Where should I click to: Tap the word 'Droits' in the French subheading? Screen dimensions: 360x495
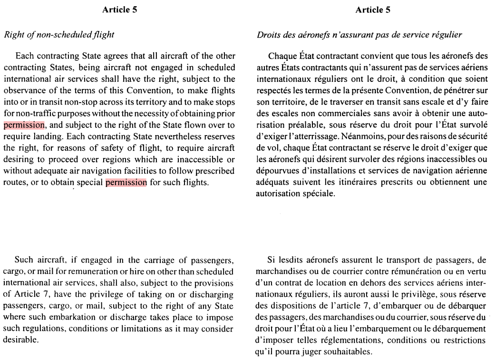click(267, 35)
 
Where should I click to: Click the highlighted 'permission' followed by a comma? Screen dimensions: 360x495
click(24, 125)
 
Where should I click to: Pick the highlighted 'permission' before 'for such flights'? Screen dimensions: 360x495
click(126, 182)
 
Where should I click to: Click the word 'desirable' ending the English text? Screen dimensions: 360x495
click(19, 340)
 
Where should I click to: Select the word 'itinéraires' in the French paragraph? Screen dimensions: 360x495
click(365, 182)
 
